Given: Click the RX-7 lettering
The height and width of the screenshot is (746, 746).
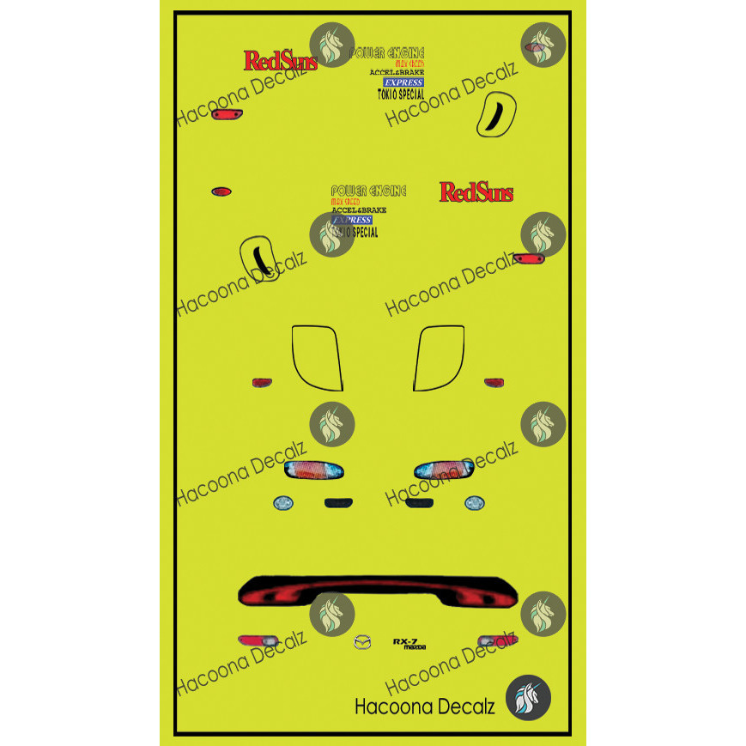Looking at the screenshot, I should click(405, 640).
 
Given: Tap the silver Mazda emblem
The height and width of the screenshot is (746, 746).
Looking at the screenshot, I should click(362, 642).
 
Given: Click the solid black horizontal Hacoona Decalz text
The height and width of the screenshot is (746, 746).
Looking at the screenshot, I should click(424, 707).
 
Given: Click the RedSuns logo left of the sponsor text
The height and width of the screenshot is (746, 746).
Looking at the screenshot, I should click(281, 61).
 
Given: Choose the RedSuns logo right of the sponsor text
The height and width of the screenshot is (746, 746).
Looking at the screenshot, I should click(476, 191).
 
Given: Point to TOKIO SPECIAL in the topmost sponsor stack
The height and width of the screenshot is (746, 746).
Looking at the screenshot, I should click(401, 94).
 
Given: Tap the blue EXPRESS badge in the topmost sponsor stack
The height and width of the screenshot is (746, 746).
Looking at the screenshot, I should click(403, 82).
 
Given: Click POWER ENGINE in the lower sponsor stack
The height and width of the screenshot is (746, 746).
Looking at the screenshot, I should click(368, 191).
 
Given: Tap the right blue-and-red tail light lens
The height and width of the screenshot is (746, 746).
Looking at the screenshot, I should click(442, 470).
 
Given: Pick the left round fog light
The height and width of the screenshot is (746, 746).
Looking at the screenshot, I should click(282, 504).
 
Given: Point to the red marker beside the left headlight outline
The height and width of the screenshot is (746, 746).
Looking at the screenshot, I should click(261, 382).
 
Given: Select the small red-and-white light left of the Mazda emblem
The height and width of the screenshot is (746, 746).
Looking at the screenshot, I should click(258, 641).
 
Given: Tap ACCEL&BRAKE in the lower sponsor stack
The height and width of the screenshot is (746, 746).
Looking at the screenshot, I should click(359, 210).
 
